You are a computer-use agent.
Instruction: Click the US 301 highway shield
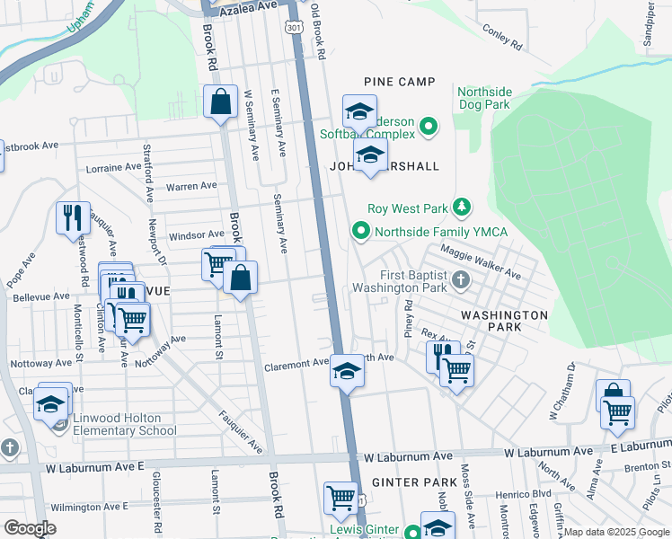pos(294,29)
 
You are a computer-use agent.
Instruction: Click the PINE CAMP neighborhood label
pos(399,82)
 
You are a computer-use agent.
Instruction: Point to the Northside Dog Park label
pos(484,98)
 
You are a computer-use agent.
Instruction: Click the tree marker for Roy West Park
pos(462,208)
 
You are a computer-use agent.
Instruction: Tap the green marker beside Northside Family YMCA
pos(361,232)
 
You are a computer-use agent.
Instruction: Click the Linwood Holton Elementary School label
pos(119,424)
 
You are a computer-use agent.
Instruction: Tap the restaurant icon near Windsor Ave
pos(73,217)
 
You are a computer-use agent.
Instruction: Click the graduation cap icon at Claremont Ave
pos(347,371)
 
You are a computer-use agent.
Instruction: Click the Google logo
pos(30,528)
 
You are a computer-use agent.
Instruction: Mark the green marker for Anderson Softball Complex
pos(428,127)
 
